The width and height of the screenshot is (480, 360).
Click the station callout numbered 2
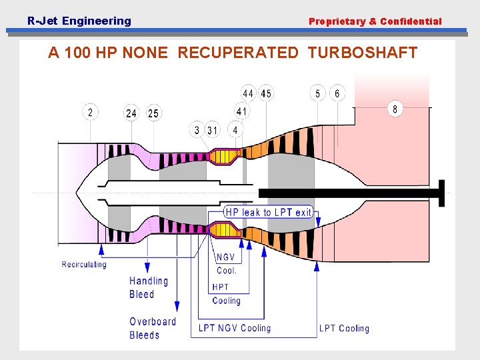[90, 112]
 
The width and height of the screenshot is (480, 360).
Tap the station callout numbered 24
[131, 113]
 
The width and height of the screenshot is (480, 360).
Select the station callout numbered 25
[153, 113]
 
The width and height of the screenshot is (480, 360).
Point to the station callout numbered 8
[395, 109]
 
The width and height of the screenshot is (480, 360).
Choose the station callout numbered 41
[241, 111]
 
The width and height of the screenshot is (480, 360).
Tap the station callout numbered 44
[248, 93]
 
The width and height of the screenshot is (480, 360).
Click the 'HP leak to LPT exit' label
[268, 212]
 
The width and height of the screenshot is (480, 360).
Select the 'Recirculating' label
[84, 265]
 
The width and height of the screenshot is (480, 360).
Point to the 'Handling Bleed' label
[149, 288]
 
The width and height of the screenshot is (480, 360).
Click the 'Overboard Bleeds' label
[153, 328]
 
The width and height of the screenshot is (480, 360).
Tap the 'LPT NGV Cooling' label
[235, 328]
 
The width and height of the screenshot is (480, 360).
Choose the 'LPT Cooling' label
[344, 328]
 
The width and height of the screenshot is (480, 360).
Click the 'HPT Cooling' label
[226, 294]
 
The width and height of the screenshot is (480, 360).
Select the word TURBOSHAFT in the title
[363, 53]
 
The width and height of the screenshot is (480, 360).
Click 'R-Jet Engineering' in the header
[79, 21]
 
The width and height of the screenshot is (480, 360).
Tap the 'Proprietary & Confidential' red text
[375, 21]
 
